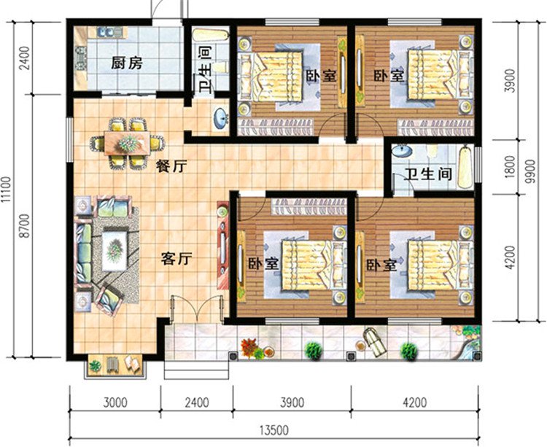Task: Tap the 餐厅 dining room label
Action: [x=171, y=166]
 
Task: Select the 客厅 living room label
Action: [x=176, y=258]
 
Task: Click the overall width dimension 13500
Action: [x=271, y=429]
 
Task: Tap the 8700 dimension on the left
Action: [x=27, y=225]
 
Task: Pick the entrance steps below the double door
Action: [x=187, y=369]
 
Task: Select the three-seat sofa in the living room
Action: [x=83, y=250]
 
